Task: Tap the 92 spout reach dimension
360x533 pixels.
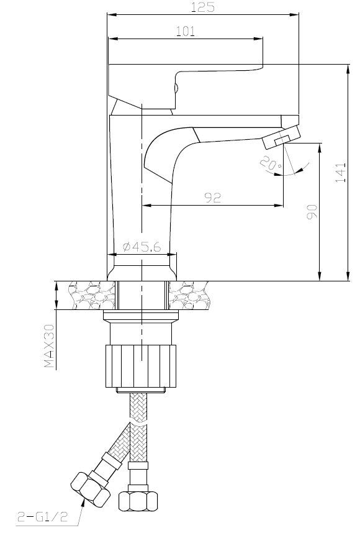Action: tap(213, 198)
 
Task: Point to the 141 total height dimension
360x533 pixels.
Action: tap(338, 171)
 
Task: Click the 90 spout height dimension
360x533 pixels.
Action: tap(312, 211)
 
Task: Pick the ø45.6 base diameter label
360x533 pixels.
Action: tap(142, 247)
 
